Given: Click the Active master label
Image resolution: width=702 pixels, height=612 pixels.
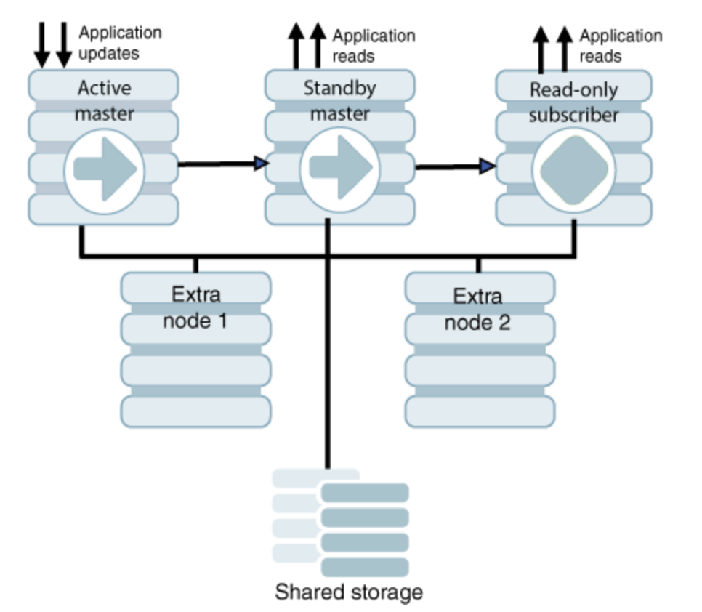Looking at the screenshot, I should click(x=105, y=101).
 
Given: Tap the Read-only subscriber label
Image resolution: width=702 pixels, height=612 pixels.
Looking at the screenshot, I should click(x=573, y=102).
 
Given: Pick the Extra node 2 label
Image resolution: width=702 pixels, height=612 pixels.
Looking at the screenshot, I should click(x=477, y=308).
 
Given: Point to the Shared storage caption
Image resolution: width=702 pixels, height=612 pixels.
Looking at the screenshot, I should click(x=348, y=592).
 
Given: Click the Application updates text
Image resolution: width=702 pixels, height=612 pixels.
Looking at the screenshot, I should click(x=119, y=43).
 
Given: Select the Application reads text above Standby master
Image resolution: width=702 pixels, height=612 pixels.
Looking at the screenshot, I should click(x=374, y=45).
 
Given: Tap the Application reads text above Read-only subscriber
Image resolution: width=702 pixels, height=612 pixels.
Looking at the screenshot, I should click(x=620, y=45).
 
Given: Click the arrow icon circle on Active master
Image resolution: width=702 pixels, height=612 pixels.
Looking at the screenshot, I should click(x=105, y=169).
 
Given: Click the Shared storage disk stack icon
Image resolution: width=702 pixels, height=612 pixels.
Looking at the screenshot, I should click(x=342, y=520).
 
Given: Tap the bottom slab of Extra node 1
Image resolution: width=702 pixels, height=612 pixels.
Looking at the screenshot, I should click(x=195, y=411).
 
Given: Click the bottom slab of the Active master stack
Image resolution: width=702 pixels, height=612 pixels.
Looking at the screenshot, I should click(x=103, y=209).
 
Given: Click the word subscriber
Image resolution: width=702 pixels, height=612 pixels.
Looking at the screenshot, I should click(x=573, y=115).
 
